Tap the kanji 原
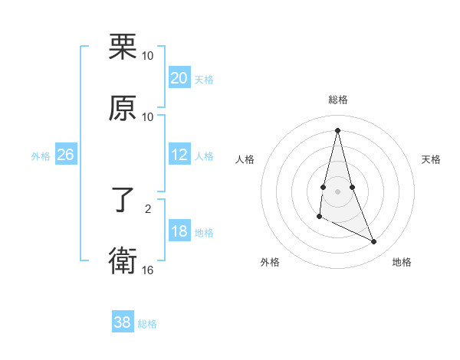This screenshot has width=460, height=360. pos(123,108)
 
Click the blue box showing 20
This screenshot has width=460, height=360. pos(179,78)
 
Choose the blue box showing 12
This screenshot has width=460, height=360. pos(179,155)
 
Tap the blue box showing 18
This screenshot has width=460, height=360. pos(179,232)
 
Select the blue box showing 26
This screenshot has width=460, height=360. pos(65,155)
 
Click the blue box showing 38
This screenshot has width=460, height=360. pos(123,322)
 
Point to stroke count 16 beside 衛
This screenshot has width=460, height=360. pos(148,270)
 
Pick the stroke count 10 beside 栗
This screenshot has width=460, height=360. pos(148,56)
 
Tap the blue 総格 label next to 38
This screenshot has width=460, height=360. pos(147,324)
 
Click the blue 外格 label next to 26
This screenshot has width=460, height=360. pos(41,156)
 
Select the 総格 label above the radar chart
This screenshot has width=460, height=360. pos(337,100)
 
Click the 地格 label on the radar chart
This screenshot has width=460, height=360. pos(402,262)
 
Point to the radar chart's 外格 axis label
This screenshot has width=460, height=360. pos(270,262)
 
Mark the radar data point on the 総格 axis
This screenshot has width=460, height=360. pos(337,129)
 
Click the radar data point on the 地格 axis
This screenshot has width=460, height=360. pos(374,242)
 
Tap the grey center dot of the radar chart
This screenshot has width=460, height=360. pos(337,191)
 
